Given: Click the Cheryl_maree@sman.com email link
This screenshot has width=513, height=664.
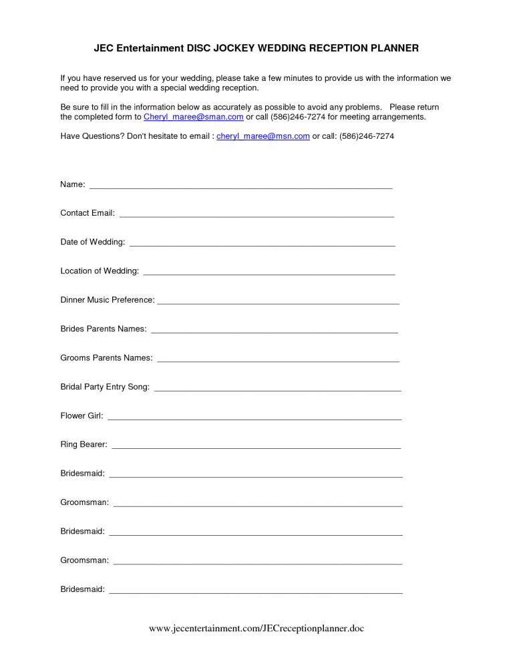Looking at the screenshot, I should point(193,117).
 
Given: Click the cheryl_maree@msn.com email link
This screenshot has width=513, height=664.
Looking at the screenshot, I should point(263,136).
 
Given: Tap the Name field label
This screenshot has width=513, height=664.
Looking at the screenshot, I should point(72,184).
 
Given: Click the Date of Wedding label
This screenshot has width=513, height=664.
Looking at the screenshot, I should point(92,242).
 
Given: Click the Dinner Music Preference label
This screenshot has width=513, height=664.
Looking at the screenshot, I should point(107,300).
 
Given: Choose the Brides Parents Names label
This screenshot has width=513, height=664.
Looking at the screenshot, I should point(103,329).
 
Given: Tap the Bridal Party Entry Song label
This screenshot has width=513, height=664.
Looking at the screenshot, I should point(105,387).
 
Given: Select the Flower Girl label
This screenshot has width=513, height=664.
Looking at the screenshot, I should point(81,416).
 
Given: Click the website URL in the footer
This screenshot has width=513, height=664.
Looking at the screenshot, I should point(256,629).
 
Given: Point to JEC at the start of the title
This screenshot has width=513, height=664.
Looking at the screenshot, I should point(103,48).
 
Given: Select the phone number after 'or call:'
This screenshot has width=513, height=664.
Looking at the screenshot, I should point(367,136).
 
